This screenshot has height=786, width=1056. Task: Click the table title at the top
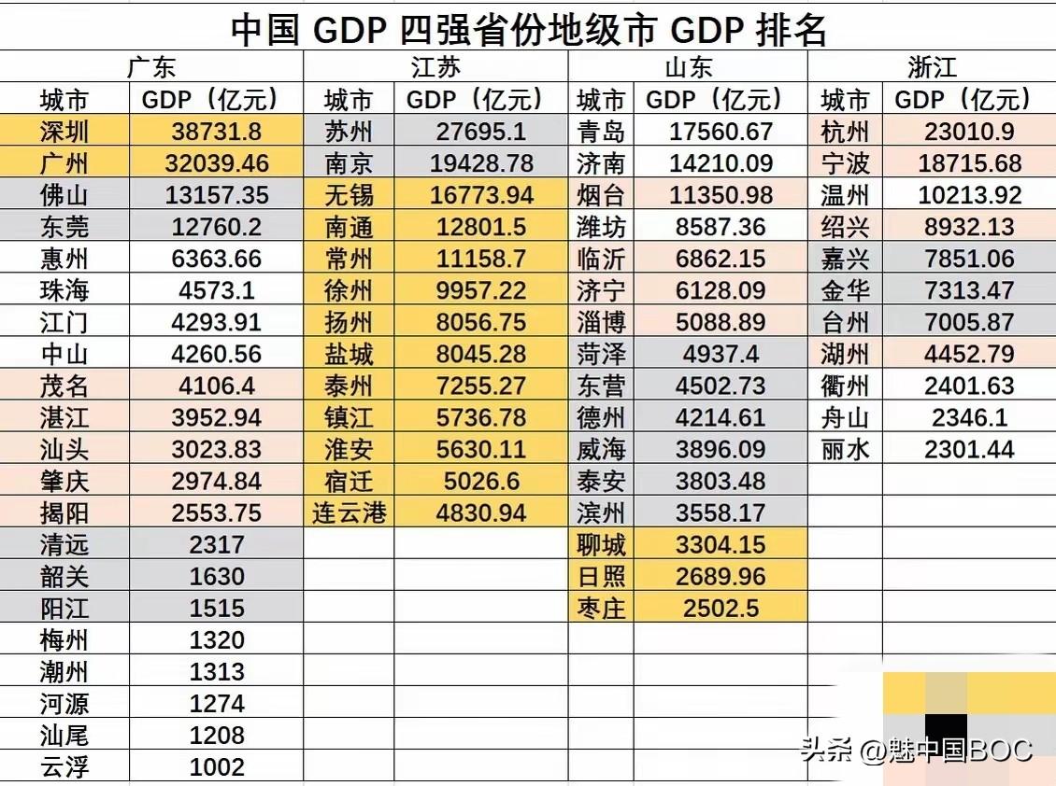528,30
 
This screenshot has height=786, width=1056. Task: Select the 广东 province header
151,67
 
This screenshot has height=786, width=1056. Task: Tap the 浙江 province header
932,67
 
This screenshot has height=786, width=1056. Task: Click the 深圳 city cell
64,132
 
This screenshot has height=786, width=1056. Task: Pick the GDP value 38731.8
217,132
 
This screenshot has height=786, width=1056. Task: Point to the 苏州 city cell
349,132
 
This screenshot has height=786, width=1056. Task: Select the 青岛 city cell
601,132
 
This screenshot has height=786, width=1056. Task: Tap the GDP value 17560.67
721,132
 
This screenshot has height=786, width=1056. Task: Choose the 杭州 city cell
845,132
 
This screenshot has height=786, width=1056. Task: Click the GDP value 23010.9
969,132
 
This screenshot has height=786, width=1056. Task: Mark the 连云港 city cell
349,512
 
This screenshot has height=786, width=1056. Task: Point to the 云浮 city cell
64,766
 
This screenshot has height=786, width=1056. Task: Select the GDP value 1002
217,766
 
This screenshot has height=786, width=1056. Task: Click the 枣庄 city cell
601,608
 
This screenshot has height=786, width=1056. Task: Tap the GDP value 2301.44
969,449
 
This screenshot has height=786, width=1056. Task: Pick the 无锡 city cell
349,195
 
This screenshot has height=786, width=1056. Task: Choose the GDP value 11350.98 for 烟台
721,195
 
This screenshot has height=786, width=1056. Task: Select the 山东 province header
688,67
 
